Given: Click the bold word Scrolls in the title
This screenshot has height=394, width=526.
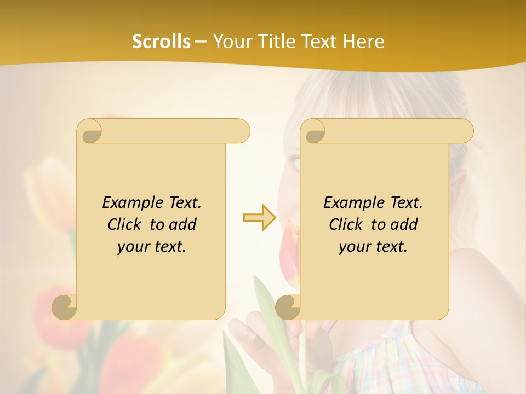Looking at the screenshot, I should point(161,42).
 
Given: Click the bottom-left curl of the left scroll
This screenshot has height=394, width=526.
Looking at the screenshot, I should point(65,306).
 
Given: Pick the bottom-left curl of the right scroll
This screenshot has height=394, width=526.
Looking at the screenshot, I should point(288,306).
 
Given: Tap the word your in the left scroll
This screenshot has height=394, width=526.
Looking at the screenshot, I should point(133,247).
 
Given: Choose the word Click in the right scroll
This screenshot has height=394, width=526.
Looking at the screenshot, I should point(345,224).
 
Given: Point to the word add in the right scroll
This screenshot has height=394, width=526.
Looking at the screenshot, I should point(405,224).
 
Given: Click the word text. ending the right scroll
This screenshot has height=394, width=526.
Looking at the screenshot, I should point(391,247).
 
